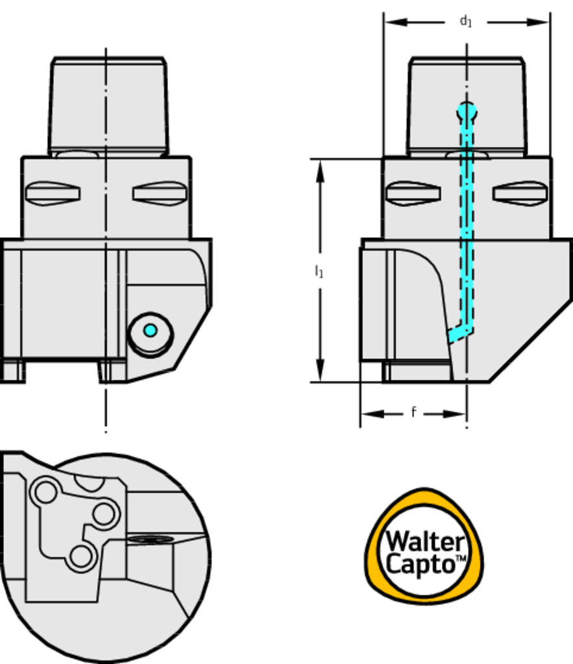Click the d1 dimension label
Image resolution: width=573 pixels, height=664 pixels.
(466, 21)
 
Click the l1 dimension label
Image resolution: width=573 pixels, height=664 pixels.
(319, 271)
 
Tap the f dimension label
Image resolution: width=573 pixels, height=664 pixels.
(413, 412)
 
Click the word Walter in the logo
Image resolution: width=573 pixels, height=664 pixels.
(425, 541)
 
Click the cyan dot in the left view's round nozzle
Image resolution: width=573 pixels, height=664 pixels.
(151, 330)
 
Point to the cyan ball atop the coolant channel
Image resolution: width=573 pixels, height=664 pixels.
(467, 112)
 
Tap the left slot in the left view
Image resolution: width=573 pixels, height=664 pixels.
(53, 193)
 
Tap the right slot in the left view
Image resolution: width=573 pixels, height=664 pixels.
(160, 193)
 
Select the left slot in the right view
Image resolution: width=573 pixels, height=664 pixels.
(413, 193)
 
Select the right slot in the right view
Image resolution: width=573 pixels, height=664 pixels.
(520, 193)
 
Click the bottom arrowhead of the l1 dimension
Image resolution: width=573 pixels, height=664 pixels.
(321, 370)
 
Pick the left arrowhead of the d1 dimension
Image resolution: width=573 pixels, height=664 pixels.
(396, 22)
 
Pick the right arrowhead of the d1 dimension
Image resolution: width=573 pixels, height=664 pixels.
(538, 22)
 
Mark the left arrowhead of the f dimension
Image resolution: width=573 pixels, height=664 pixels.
(372, 414)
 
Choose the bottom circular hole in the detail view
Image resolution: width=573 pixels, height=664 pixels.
(80, 556)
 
